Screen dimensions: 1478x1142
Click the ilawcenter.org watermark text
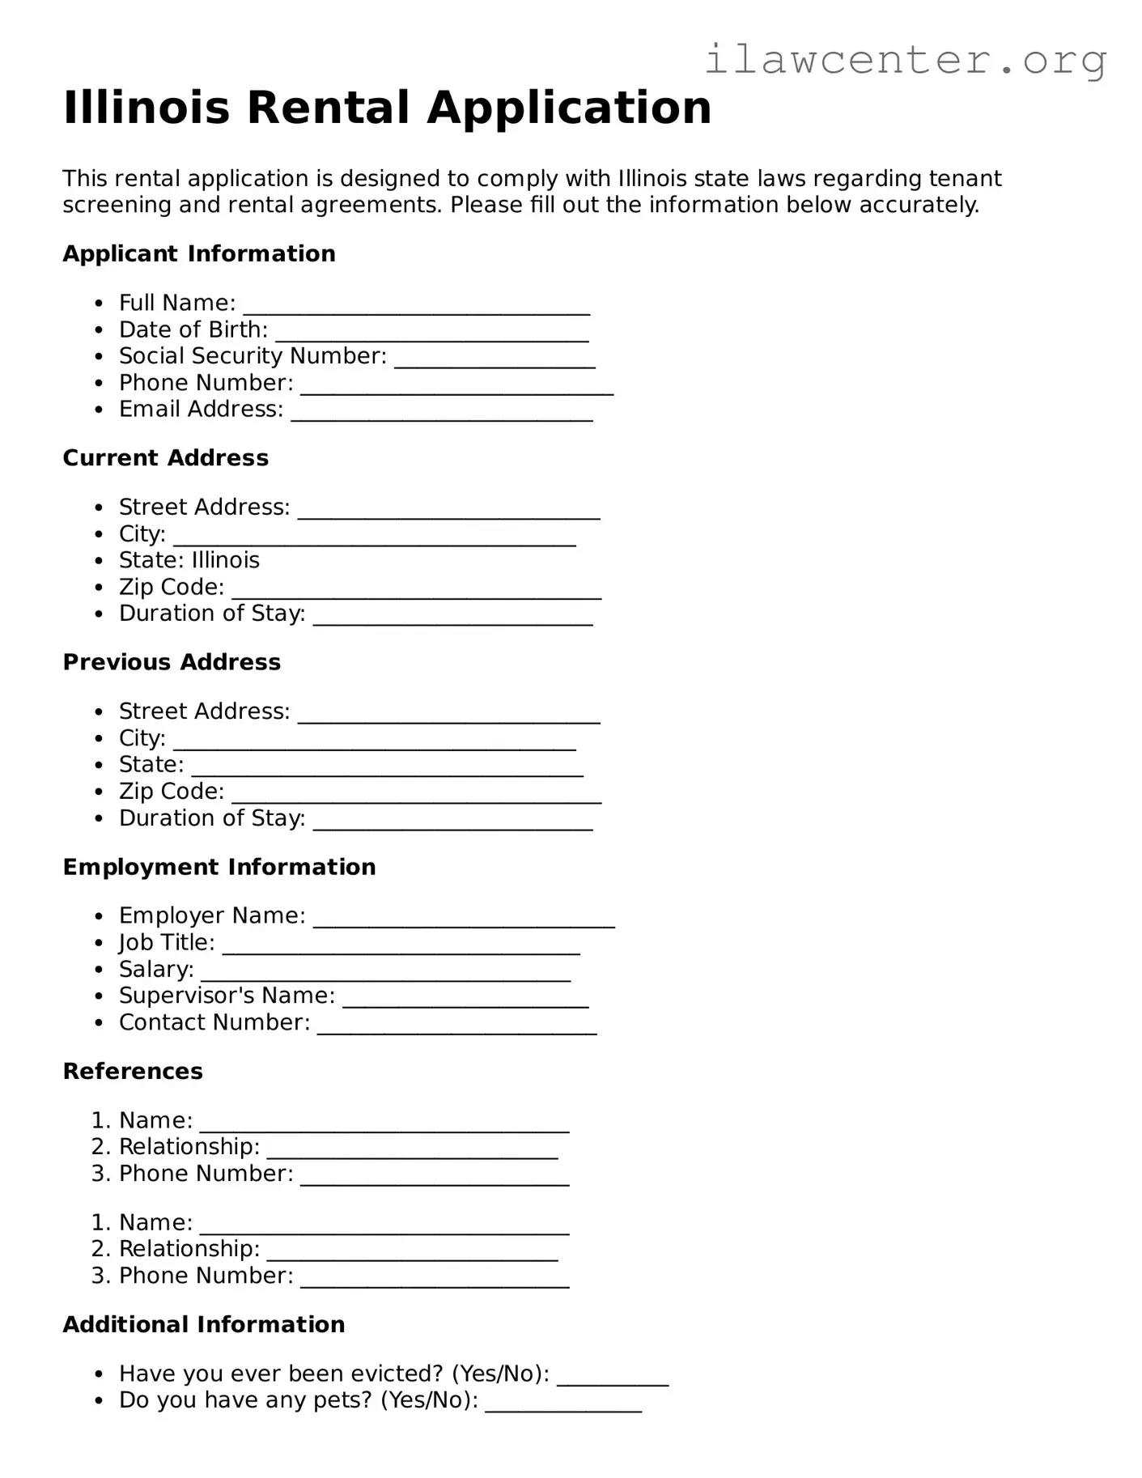(905, 61)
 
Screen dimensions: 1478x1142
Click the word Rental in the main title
(328, 108)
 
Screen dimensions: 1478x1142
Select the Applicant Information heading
(199, 254)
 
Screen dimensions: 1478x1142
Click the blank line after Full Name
(416, 307)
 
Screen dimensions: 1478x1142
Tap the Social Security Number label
(253, 356)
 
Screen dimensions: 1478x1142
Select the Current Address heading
(166, 458)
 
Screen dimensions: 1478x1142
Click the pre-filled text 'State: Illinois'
(189, 560)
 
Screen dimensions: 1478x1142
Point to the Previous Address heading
(172, 662)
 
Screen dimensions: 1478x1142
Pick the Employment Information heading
(219, 867)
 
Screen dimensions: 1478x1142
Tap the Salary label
(156, 969)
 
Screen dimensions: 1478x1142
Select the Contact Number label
(214, 1022)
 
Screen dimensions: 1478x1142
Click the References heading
(133, 1072)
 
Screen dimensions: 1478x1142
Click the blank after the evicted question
(613, 1378)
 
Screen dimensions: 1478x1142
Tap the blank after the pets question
(563, 1405)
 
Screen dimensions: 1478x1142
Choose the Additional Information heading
(204, 1324)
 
